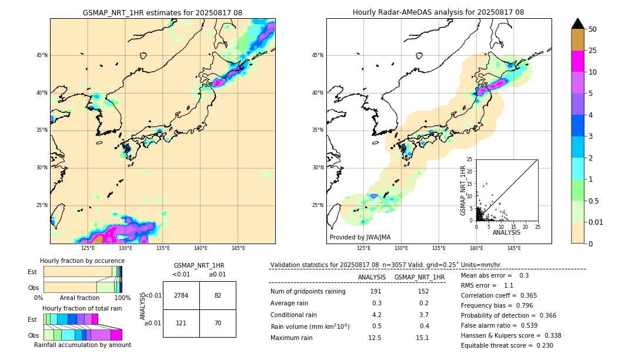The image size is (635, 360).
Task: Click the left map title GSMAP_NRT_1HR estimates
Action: pos(162,12)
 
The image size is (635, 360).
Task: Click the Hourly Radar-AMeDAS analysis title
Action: pos(439,12)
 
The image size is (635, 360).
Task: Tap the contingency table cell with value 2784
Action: pos(181,295)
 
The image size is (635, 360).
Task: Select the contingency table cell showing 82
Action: pos(218,295)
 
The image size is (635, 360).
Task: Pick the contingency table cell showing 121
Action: pos(181,323)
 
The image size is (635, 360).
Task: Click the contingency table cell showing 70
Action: pos(218,323)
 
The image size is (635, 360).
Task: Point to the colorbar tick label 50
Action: pos(593,29)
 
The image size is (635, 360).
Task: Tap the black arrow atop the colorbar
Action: pos(578,24)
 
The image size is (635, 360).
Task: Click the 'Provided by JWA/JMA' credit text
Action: pos(360,238)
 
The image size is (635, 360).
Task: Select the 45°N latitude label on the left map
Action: pos(42,55)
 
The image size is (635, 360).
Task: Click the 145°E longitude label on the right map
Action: pos(514,249)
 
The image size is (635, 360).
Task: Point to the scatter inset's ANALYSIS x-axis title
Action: pos(506,232)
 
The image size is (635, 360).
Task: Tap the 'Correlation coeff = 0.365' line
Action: pos(499,295)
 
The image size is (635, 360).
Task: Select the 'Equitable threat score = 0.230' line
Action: pos(507,345)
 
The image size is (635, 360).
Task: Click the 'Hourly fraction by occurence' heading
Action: pos(82,261)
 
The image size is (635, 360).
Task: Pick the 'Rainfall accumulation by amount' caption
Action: pos(82,345)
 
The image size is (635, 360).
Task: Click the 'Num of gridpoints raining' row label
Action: pos(308,292)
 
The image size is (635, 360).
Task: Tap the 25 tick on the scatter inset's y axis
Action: pos(469,159)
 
